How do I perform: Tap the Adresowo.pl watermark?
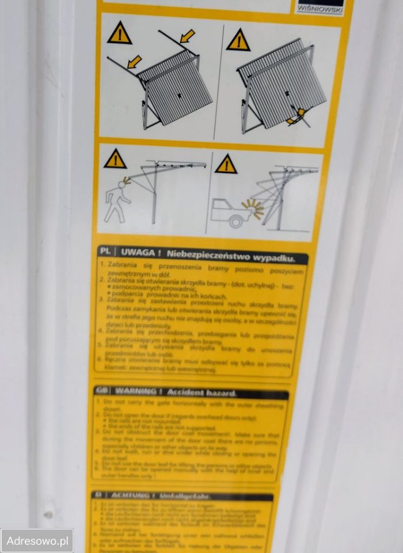(37, 541)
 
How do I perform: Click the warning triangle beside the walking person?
(115, 159)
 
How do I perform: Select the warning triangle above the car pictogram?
(226, 164)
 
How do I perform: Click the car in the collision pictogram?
(230, 213)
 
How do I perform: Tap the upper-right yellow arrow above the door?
(187, 37)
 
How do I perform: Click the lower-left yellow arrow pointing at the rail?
(134, 61)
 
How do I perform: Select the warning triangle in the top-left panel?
(120, 34)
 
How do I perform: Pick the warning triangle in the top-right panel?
(238, 40)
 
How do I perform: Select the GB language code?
(102, 391)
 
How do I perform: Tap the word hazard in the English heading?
(219, 393)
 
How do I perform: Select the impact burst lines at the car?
(255, 208)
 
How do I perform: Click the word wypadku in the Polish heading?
(274, 257)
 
